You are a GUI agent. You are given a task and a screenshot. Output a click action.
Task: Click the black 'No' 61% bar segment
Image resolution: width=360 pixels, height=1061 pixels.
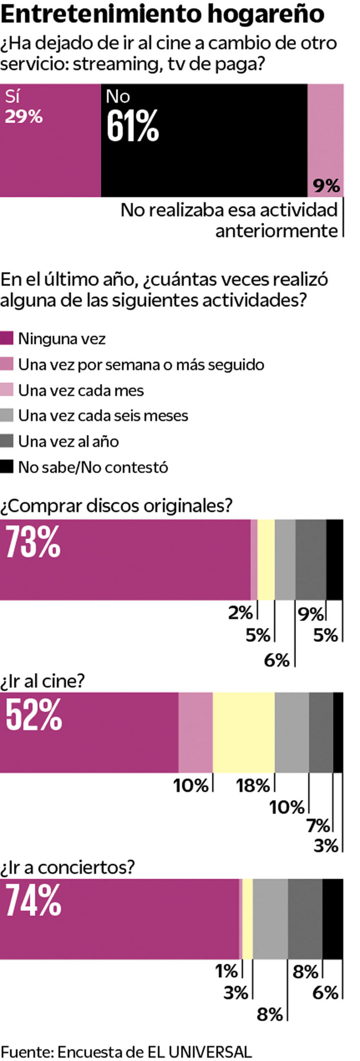click(x=204, y=140)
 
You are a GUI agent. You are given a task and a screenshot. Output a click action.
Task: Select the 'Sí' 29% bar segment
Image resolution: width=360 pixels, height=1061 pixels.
click(x=50, y=140)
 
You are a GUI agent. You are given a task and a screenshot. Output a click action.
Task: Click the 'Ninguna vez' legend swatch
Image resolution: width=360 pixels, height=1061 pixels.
click(x=7, y=338)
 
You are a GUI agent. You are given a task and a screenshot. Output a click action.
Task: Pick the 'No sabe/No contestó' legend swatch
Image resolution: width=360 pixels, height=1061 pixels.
click(x=7, y=467)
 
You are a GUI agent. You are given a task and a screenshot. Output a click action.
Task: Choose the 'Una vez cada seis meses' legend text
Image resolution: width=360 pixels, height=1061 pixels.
click(x=103, y=416)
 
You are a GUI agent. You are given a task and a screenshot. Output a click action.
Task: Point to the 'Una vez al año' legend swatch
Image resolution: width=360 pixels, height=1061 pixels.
click(x=7, y=441)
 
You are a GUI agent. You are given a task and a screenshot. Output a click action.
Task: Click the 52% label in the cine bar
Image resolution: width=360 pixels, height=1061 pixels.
click(x=34, y=714)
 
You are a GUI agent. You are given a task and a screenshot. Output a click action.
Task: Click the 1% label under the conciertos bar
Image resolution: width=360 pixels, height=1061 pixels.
click(x=226, y=971)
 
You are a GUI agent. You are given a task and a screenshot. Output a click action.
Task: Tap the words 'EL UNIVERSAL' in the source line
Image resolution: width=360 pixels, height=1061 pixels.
click(x=199, y=1051)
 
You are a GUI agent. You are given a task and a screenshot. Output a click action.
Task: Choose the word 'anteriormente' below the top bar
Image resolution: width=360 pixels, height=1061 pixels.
click(x=276, y=231)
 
